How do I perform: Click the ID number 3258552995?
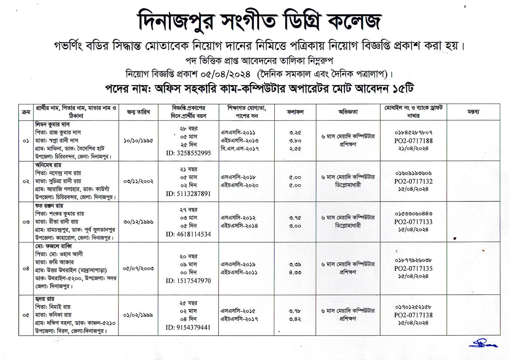pyautogui.click(x=189, y=153)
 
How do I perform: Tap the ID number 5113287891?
pyautogui.click(x=189, y=193)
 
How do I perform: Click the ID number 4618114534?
pyautogui.click(x=189, y=234)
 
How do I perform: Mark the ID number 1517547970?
pyautogui.click(x=189, y=281)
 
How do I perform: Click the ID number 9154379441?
pyautogui.click(x=189, y=327)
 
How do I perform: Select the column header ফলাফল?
pyautogui.click(x=295, y=112)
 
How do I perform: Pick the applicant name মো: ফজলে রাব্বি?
pyautogui.click(x=53, y=246)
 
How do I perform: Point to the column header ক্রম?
pyautogui.click(x=25, y=112)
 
